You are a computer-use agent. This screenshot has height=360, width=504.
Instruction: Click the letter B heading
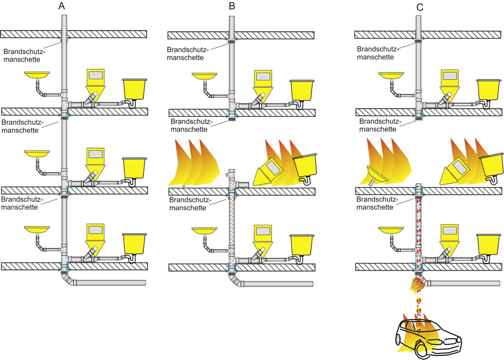232,6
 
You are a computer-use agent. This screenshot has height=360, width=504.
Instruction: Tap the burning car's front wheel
419,348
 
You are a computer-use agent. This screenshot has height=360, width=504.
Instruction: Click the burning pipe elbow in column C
419,283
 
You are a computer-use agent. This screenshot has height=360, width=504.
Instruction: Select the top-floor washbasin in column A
36,75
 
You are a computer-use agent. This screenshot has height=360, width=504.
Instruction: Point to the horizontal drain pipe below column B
277,284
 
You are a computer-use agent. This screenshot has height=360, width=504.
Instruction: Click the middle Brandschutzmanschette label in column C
378,125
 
